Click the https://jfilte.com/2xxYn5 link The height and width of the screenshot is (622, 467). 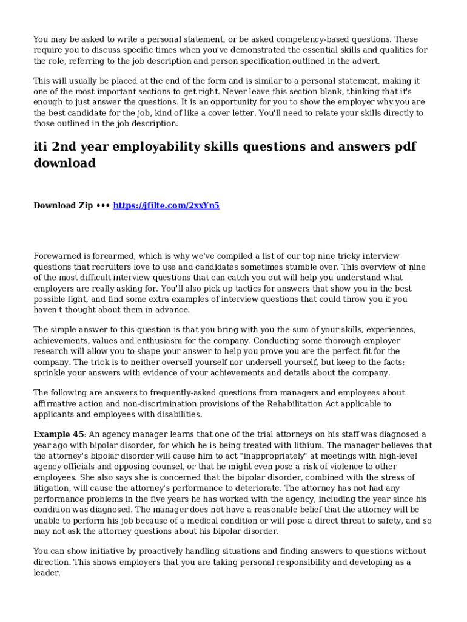(x=166, y=205)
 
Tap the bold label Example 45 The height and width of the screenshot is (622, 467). (x=59, y=434)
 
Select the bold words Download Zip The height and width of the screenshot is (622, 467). (x=63, y=205)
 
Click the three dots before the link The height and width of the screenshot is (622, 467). (x=103, y=205)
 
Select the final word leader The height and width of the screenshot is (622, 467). (x=47, y=573)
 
